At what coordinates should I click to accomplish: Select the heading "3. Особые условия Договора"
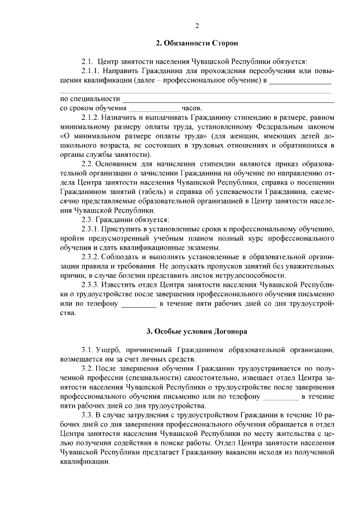(196, 331)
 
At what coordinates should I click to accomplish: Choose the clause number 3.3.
(88, 415)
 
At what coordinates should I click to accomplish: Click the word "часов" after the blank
(191, 108)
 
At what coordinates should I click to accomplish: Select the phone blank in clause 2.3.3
(139, 304)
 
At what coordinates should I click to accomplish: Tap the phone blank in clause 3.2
(281, 397)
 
